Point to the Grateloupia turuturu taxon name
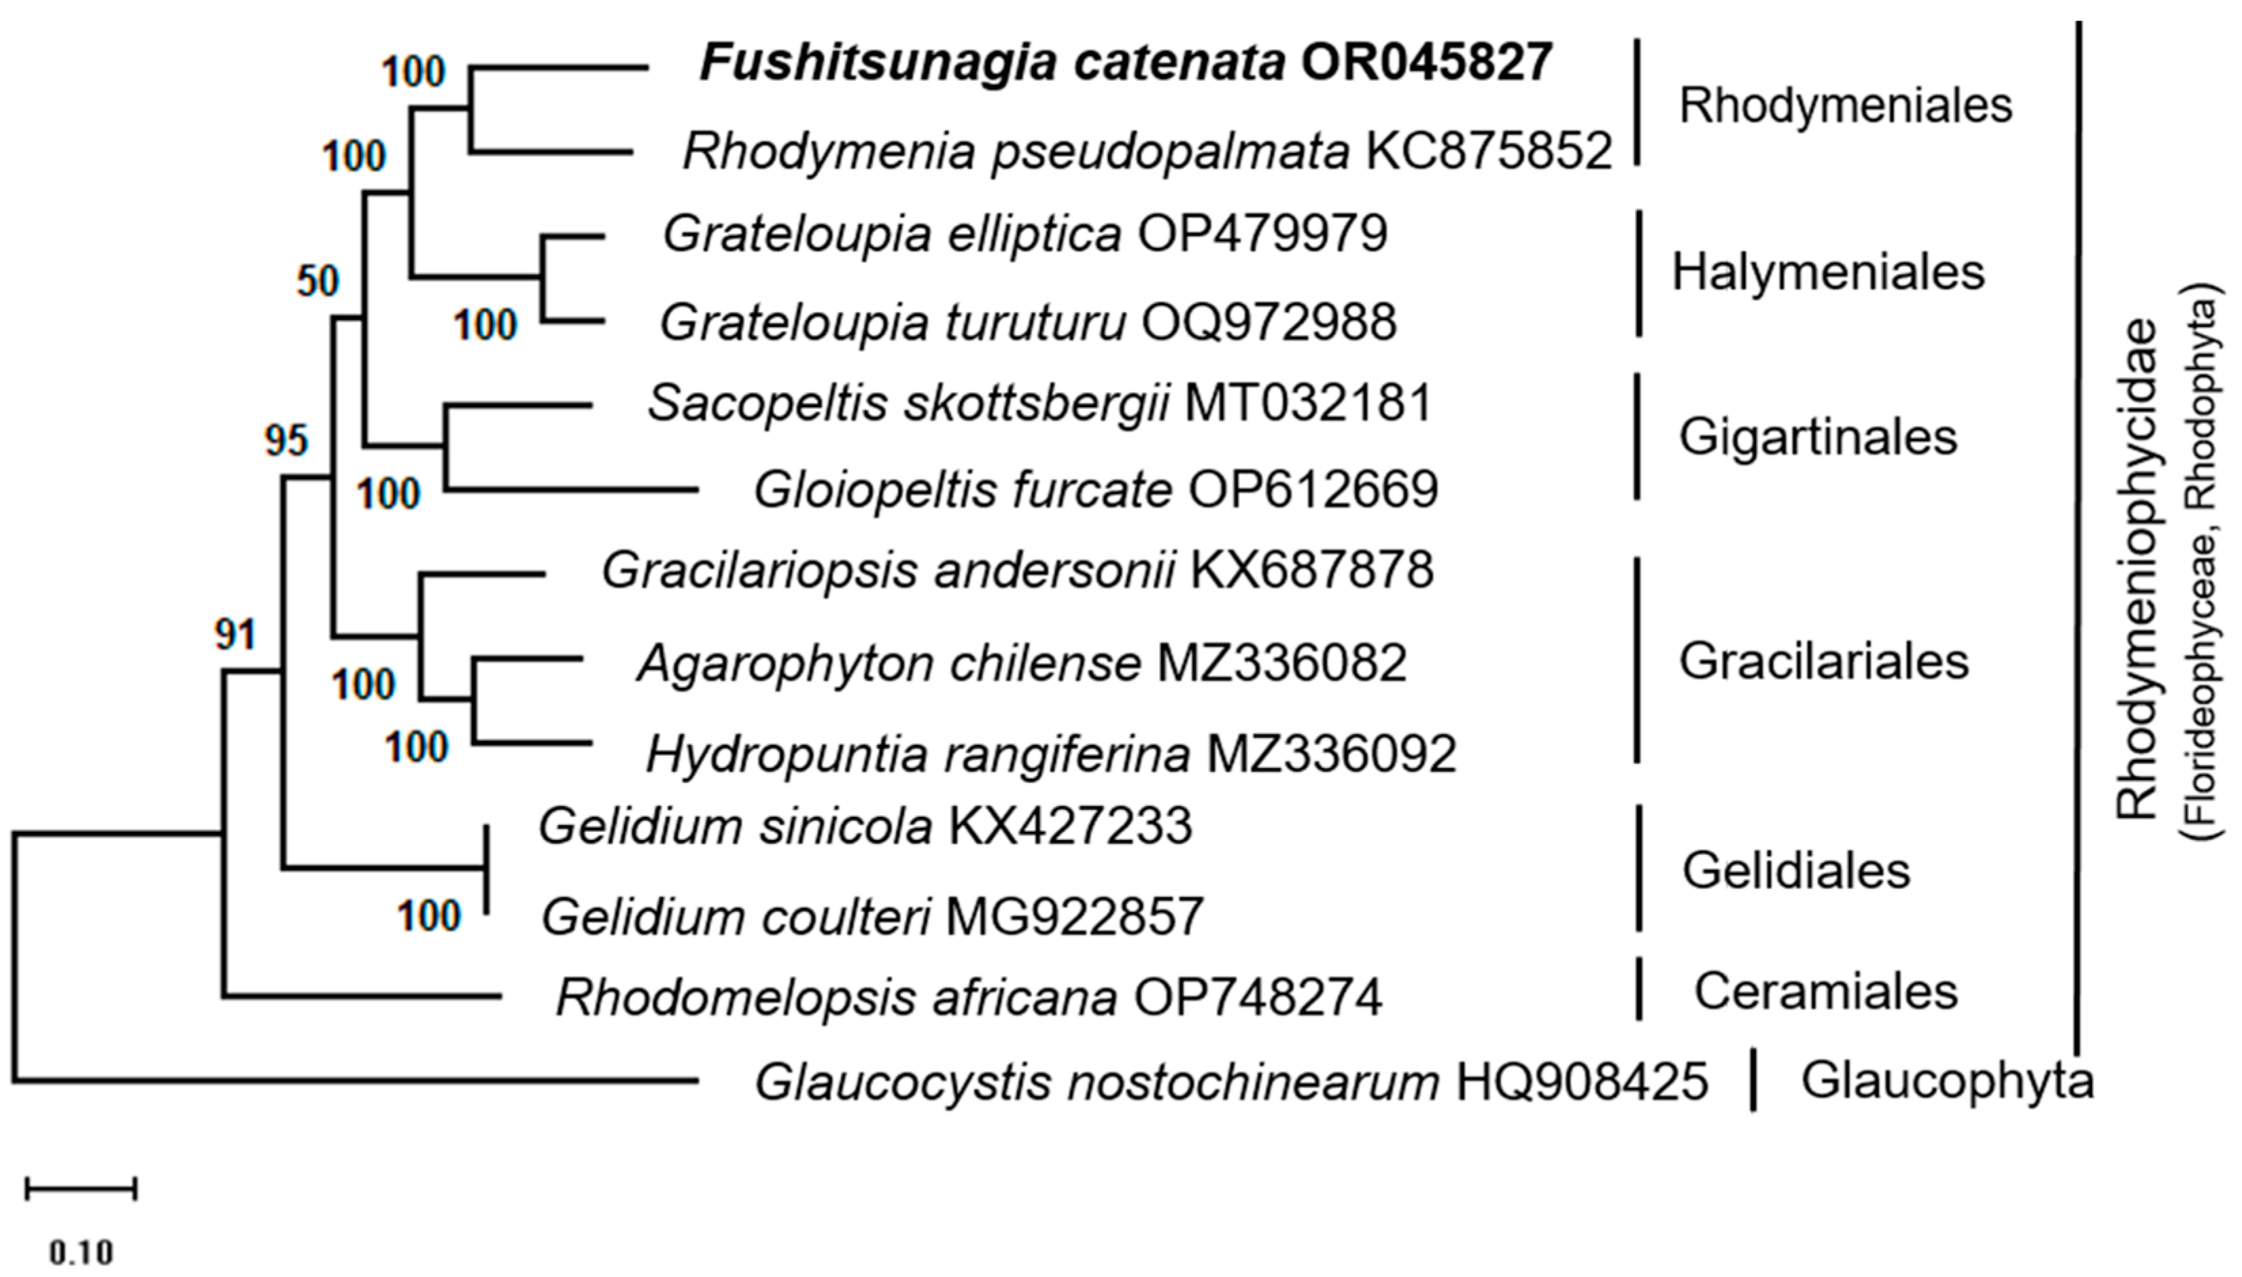point(892,323)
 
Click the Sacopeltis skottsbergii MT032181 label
point(1040,404)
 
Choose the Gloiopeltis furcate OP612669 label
point(1096,490)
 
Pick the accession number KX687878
point(1311,570)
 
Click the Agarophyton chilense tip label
point(889,664)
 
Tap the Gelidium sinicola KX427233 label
point(865,826)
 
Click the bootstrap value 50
point(317,281)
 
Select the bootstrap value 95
point(286,441)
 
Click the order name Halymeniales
point(1828,273)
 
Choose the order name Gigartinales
point(1817,438)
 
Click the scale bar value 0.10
point(81,1252)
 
